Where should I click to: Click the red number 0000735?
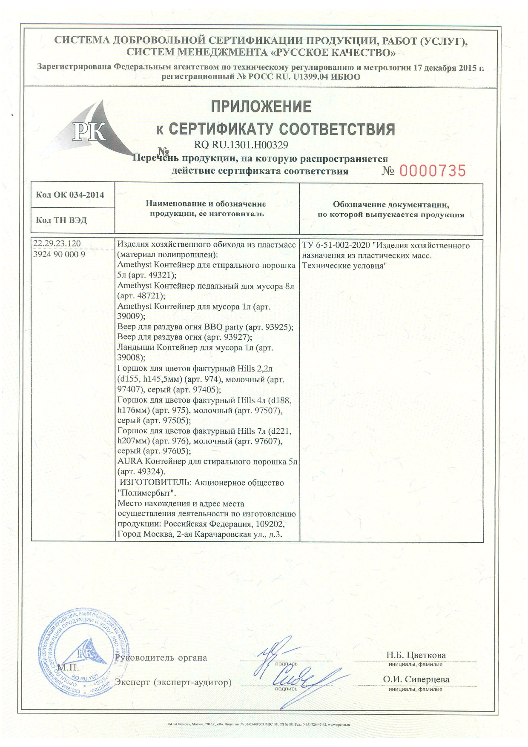432,171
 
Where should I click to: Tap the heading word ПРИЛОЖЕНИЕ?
261,106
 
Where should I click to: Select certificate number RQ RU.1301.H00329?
241,145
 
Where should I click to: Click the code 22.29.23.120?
57,243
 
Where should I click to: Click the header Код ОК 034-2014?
70,195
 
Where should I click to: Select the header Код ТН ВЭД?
61,220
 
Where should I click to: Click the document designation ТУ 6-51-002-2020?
336,246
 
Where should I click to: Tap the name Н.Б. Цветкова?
416,655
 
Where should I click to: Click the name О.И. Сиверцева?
416,679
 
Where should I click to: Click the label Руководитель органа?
161,658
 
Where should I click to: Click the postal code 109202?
271,524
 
